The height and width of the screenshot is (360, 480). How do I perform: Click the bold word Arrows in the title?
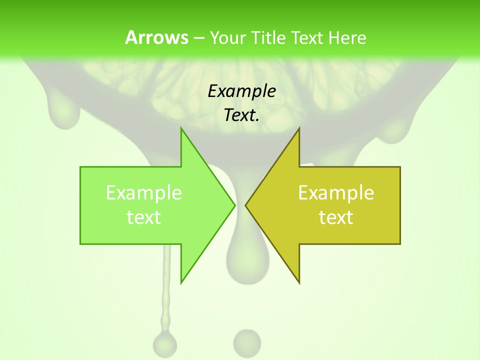click(x=156, y=38)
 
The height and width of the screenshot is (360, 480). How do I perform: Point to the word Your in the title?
click(x=227, y=38)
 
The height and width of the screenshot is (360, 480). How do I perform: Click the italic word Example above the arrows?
click(x=241, y=91)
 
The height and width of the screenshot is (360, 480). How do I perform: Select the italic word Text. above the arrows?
click(x=241, y=115)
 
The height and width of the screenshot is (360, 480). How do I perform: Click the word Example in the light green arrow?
click(x=144, y=192)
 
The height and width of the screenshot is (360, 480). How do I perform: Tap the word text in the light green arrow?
click(x=144, y=217)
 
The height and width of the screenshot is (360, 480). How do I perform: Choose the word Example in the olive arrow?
click(x=336, y=192)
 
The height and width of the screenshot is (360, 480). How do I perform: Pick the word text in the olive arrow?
click(x=336, y=217)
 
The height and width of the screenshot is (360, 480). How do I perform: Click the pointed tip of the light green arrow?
click(x=234, y=205)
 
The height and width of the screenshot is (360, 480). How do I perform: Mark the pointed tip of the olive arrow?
click(x=246, y=205)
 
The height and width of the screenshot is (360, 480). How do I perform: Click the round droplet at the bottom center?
click(x=247, y=342)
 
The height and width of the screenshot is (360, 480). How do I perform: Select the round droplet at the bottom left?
click(x=165, y=343)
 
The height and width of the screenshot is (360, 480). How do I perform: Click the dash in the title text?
click(x=198, y=38)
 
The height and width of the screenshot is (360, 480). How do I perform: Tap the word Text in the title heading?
click(x=307, y=38)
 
